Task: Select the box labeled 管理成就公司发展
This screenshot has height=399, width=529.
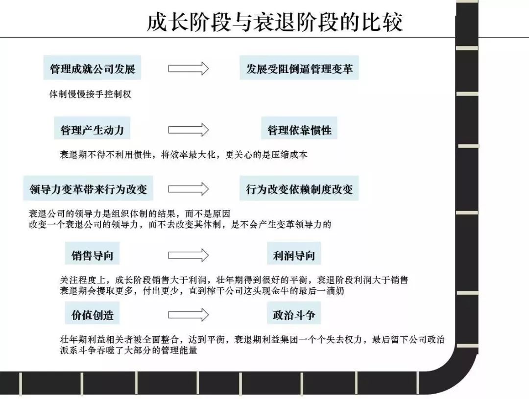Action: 93,69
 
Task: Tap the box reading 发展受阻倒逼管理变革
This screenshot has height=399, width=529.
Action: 299,69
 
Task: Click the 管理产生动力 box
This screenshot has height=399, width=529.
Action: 92,130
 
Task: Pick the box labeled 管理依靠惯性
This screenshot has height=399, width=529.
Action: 299,130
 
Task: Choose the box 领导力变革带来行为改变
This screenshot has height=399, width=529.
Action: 88,189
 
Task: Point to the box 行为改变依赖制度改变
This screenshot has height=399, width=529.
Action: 299,189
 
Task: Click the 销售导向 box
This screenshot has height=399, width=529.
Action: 92,255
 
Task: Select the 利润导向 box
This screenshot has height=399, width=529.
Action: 294,255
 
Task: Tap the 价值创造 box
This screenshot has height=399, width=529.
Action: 92,315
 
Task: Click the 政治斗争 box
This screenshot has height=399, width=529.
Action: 294,315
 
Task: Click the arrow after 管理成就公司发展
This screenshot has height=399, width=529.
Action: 189,69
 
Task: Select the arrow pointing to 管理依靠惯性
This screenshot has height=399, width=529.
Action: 189,130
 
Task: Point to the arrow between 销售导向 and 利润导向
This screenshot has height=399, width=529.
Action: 189,255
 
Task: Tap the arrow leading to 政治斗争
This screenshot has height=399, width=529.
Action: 189,315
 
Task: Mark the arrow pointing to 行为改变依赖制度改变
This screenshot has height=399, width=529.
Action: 189,189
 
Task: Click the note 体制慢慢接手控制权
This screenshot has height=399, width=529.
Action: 91,94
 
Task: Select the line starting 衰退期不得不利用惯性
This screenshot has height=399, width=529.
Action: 184,155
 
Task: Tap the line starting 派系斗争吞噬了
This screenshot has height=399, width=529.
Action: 128,351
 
